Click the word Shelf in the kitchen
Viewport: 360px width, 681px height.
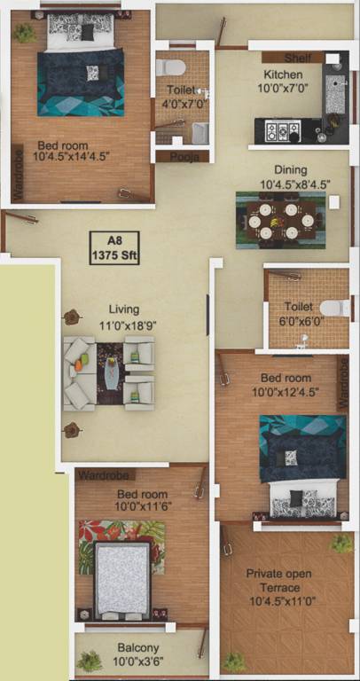coord(298,58)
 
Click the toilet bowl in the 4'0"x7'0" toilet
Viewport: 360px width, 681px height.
coord(173,67)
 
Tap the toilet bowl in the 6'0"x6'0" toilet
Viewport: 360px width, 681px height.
coord(332,309)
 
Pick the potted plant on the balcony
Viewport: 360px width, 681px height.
coord(89,661)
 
